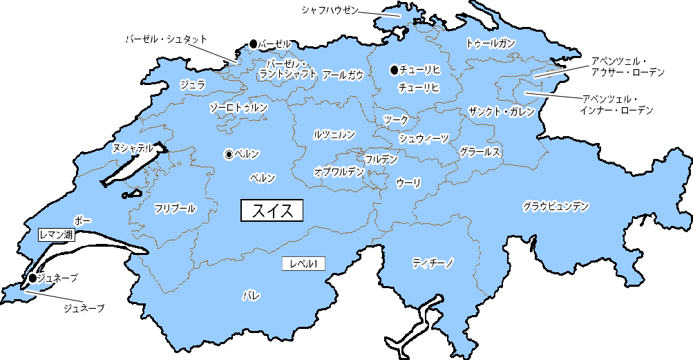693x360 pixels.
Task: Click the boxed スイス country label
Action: [x=272, y=210]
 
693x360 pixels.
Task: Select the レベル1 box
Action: [x=304, y=263]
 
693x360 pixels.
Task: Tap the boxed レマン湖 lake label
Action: [x=56, y=235]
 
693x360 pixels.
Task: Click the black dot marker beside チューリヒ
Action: [x=394, y=70]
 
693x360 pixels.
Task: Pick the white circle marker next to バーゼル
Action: [x=253, y=44]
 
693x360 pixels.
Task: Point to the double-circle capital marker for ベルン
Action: [x=229, y=154]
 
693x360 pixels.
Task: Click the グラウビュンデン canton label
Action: [x=556, y=206]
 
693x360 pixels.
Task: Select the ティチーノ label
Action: [x=433, y=263]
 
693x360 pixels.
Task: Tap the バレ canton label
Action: [x=251, y=296]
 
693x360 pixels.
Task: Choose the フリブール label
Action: [x=175, y=208]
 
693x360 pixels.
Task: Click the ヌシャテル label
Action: [x=132, y=148]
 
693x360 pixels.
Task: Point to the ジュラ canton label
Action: [x=192, y=85]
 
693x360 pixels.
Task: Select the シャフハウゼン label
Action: [x=330, y=10]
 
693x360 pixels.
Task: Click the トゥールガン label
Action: [x=491, y=44]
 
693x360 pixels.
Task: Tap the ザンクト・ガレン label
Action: [x=501, y=112]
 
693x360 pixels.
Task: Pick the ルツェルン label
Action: [x=334, y=134]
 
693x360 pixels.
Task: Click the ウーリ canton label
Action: [x=408, y=182]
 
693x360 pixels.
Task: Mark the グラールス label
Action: [x=480, y=152]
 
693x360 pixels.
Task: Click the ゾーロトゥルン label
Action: [x=238, y=108]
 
